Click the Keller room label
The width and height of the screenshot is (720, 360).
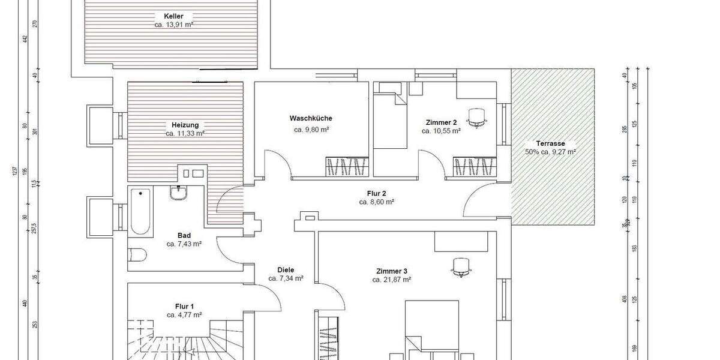[x=173, y=16]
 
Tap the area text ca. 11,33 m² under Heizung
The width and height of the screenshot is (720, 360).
[x=185, y=134]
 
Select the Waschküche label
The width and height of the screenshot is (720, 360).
[x=310, y=118]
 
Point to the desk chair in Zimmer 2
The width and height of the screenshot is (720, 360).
[x=478, y=117]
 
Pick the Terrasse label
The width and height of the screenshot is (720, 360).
[x=550, y=144]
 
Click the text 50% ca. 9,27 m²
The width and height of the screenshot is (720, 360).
[x=550, y=152]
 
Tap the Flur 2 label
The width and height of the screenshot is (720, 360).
[x=376, y=193]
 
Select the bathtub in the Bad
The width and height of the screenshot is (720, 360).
[x=140, y=211]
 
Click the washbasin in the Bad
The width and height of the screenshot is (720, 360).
[x=178, y=193]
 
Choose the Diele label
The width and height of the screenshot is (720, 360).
[x=286, y=270]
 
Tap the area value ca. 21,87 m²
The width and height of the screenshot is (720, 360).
[x=391, y=280]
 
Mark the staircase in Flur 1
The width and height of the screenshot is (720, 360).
[x=180, y=339]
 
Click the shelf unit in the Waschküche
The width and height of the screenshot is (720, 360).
[x=346, y=166]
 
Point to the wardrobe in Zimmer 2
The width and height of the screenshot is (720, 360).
[x=473, y=166]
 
